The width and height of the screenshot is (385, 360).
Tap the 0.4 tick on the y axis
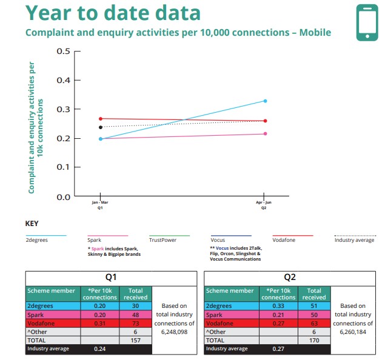coord(64,80)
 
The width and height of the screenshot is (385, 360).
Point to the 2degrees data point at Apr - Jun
coord(265,101)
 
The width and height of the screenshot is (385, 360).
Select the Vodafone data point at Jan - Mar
coord(101,119)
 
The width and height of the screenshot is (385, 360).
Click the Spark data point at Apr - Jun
coord(265,134)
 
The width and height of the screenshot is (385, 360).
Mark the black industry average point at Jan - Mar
coord(101,127)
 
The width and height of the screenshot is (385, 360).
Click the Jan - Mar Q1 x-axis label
coord(100,205)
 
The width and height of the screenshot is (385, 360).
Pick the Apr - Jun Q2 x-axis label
coord(264,205)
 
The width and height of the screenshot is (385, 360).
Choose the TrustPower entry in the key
coord(163,240)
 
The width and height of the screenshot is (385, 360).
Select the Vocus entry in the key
coord(220,240)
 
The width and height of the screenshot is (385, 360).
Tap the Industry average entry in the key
coord(354,240)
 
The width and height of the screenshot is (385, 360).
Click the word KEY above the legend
coord(32,224)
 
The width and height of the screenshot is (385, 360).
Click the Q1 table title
coord(111,278)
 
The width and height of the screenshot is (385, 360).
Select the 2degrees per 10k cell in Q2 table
coord(279,306)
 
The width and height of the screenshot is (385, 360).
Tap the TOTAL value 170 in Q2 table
coord(314,341)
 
